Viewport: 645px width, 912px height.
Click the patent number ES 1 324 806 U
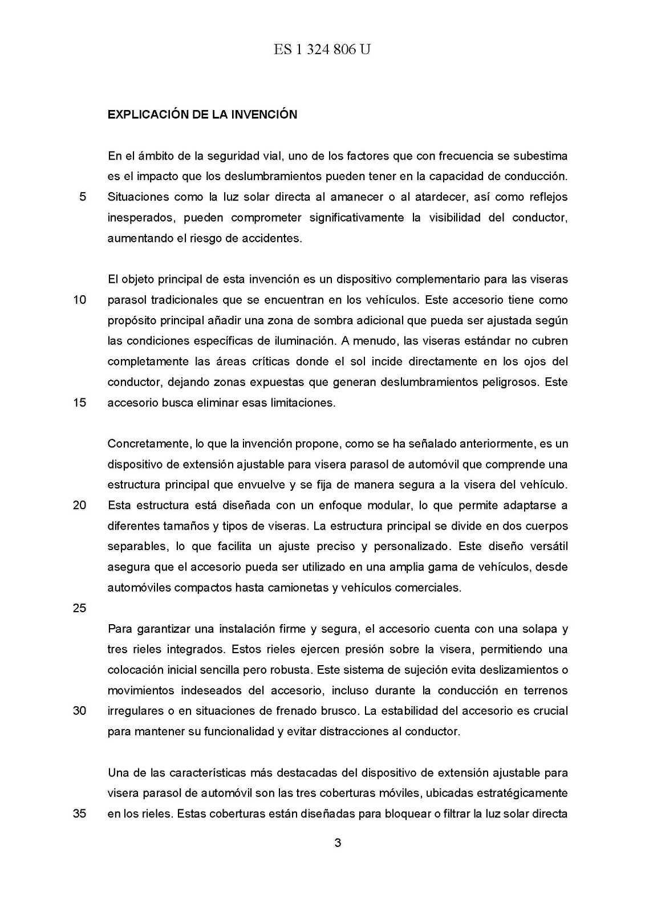[322, 50]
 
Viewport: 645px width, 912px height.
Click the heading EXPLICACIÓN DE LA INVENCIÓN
[202, 115]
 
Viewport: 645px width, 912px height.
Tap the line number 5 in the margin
[82, 197]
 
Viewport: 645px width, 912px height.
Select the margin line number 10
[79, 300]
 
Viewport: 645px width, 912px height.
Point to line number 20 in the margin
[79, 505]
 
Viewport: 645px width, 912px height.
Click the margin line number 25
[79, 608]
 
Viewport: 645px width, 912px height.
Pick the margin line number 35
[79, 813]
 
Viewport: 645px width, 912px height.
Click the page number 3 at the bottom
[338, 843]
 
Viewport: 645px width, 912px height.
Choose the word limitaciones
[302, 402]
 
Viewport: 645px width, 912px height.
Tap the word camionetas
[297, 587]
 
